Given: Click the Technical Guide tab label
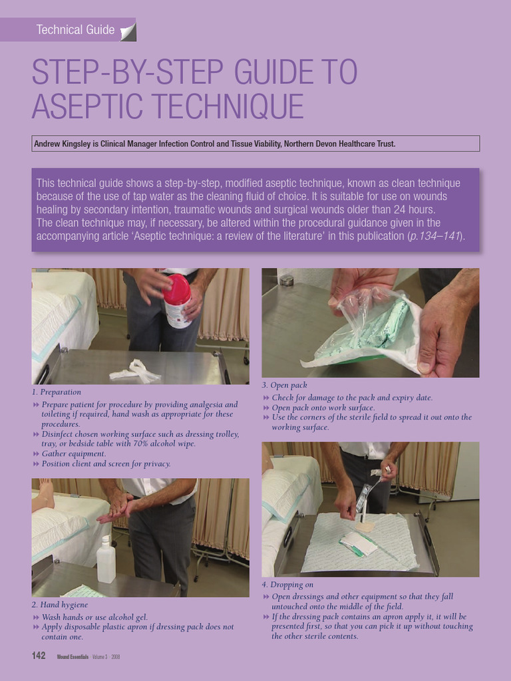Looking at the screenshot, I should point(75,30).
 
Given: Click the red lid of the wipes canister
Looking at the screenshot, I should point(177,289).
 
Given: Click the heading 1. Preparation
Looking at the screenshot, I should point(57,392).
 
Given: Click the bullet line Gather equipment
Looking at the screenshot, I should point(73,454).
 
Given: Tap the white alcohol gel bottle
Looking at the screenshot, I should point(106,561).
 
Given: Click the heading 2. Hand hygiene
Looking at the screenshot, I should point(60,605).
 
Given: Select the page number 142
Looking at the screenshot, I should point(39,656).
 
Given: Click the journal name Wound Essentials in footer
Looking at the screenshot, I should point(73,656).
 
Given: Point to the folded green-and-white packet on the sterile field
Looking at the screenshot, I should point(358,543).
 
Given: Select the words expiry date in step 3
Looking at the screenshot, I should point(409,398).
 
